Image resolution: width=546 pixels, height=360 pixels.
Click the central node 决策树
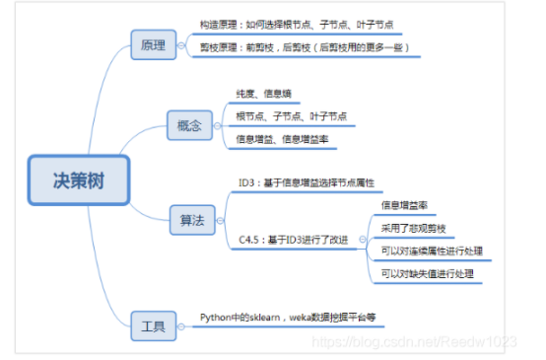pos(78,180)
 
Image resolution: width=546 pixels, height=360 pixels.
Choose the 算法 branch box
pos(192,220)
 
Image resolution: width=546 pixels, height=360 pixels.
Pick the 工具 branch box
pos(153,324)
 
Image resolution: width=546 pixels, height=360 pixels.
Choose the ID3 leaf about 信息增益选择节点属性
pos(306,183)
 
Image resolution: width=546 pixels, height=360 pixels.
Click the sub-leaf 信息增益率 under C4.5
pos(404,205)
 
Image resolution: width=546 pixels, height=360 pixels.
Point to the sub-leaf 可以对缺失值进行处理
pos(427,273)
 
